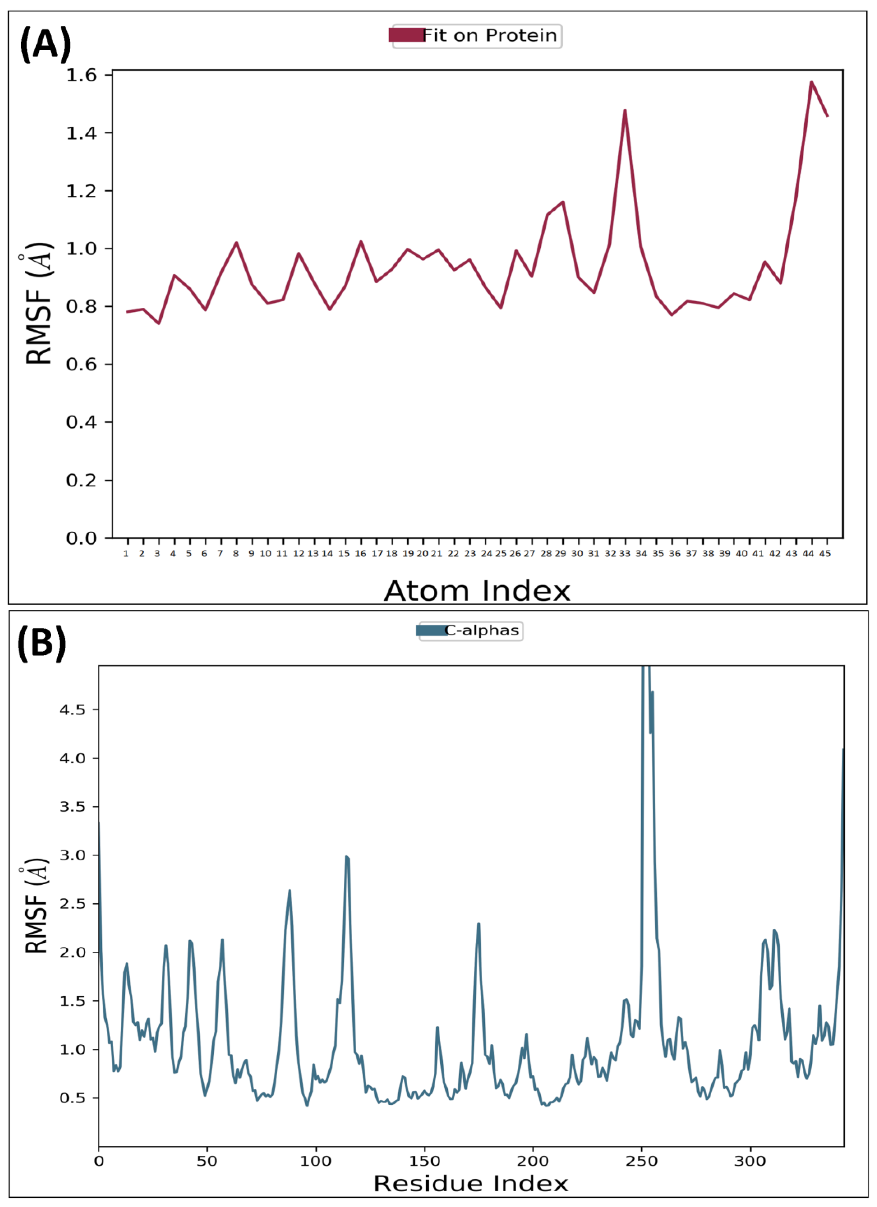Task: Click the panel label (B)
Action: click(41, 643)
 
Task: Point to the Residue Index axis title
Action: click(471, 1184)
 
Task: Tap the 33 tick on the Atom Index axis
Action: click(625, 554)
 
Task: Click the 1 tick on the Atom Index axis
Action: click(126, 554)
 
